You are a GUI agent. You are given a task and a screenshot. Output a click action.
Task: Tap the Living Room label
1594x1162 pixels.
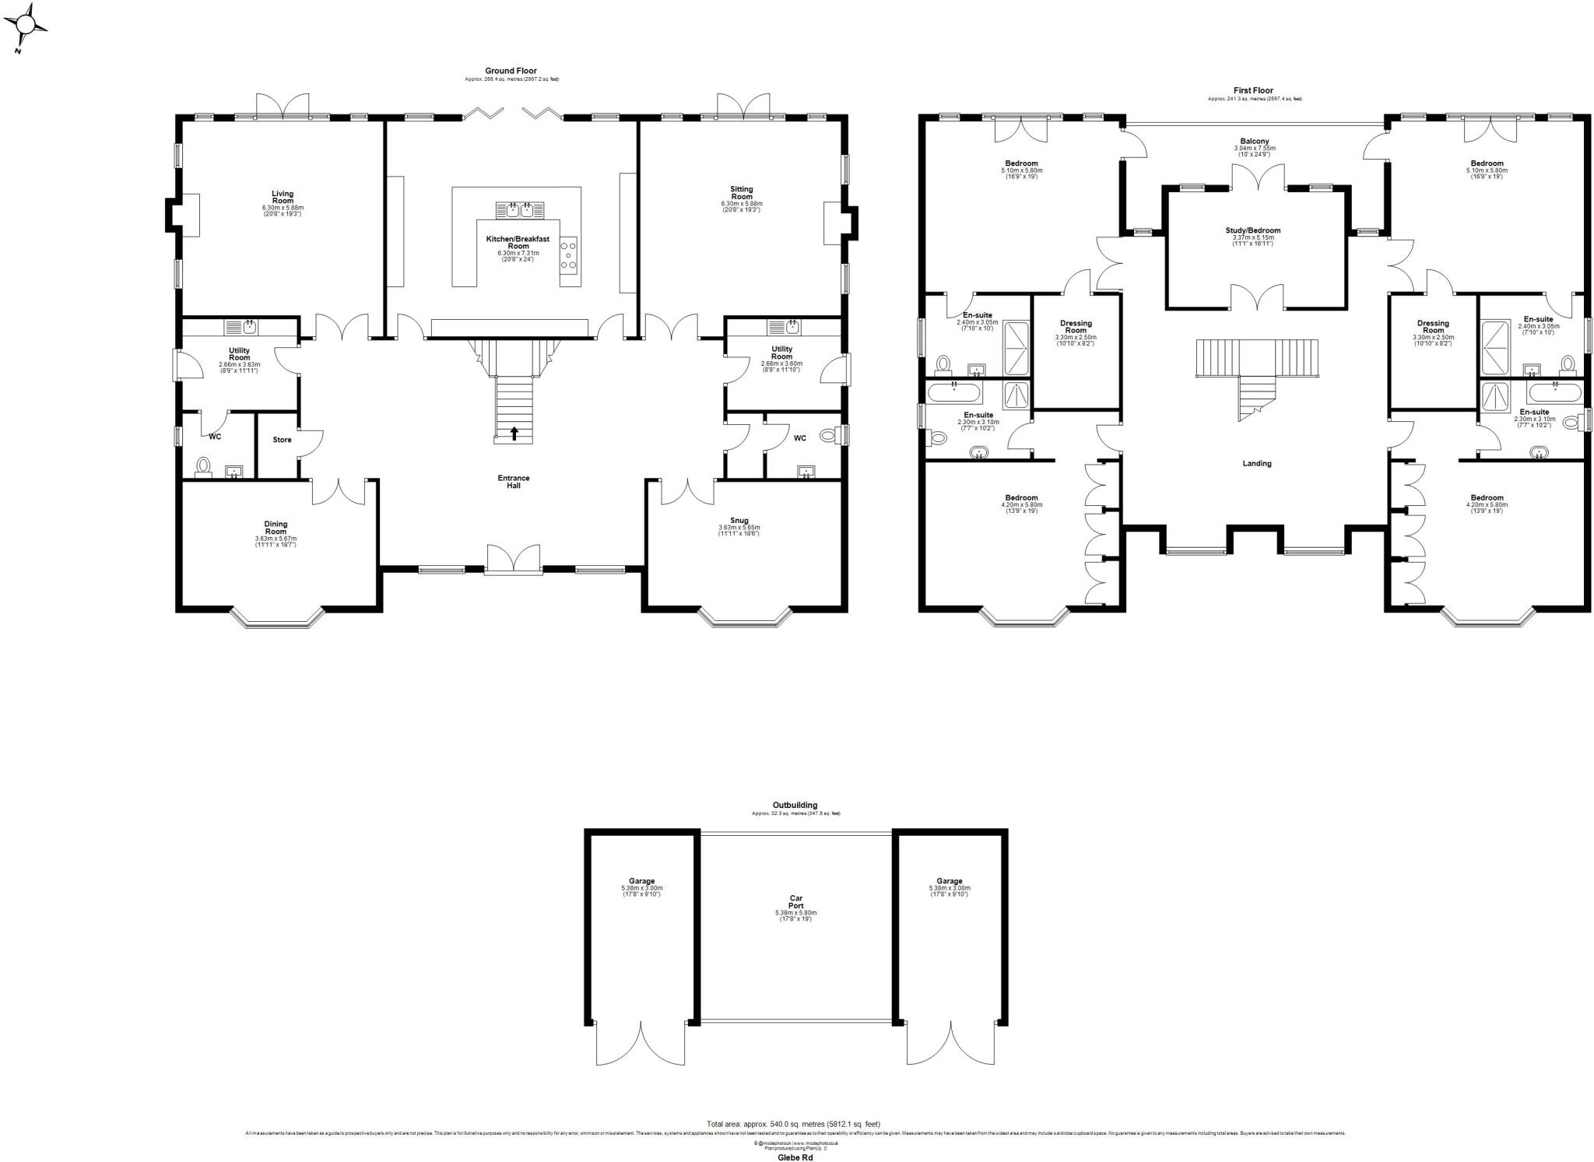283,197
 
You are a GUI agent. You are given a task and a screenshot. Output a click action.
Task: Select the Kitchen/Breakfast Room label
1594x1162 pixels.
518,242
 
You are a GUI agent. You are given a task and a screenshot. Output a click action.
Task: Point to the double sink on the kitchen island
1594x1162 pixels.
520,209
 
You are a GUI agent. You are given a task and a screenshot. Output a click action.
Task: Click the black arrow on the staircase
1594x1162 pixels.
514,432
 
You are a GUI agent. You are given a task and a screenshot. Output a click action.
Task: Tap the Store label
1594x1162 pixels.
282,440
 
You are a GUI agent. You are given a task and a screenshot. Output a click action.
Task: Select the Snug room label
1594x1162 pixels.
739,521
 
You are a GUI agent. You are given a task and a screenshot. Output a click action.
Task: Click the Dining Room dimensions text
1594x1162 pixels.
276,542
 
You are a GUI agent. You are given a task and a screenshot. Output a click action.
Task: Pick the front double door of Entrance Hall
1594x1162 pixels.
513,560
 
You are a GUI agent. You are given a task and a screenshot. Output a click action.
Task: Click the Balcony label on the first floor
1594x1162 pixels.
1255,142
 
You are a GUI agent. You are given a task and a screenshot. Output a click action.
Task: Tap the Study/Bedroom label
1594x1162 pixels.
1252,230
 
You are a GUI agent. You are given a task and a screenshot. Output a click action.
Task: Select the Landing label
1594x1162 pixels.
1256,463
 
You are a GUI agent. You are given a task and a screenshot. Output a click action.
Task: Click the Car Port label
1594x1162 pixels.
795,902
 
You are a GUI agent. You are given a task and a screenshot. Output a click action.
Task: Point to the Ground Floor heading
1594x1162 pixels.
511,71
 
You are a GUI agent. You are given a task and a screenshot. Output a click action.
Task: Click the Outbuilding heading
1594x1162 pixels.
795,806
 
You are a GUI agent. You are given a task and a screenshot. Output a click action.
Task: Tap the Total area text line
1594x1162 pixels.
793,1124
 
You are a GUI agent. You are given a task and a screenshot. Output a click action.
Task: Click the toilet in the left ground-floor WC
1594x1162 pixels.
204,465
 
